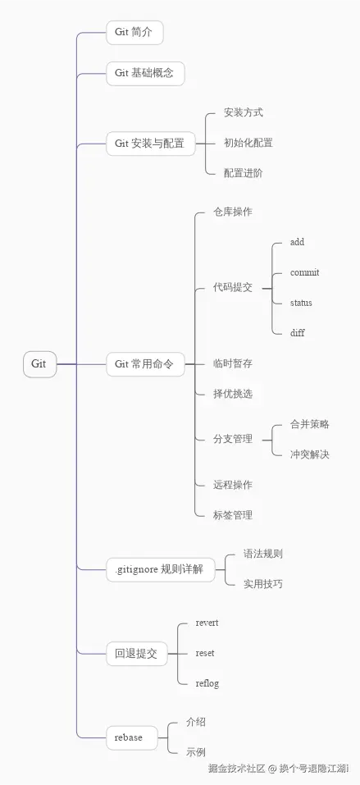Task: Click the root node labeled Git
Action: (x=39, y=363)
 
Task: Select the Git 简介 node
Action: (x=134, y=33)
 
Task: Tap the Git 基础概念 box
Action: (x=145, y=73)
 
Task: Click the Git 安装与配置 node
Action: (x=149, y=143)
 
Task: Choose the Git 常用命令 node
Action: (x=144, y=364)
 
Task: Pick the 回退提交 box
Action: (x=136, y=654)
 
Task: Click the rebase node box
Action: (x=129, y=737)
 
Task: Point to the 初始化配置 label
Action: (x=248, y=143)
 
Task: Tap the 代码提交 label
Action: (x=233, y=288)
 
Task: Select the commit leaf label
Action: (x=304, y=272)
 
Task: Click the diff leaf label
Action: (x=298, y=333)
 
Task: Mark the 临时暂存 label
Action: (x=233, y=363)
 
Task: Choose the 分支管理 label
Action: (x=233, y=439)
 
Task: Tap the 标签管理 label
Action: (x=233, y=515)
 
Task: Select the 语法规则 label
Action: (x=263, y=554)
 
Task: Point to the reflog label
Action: (x=207, y=683)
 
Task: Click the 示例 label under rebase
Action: (x=195, y=751)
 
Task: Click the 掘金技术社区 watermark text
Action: (x=236, y=769)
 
